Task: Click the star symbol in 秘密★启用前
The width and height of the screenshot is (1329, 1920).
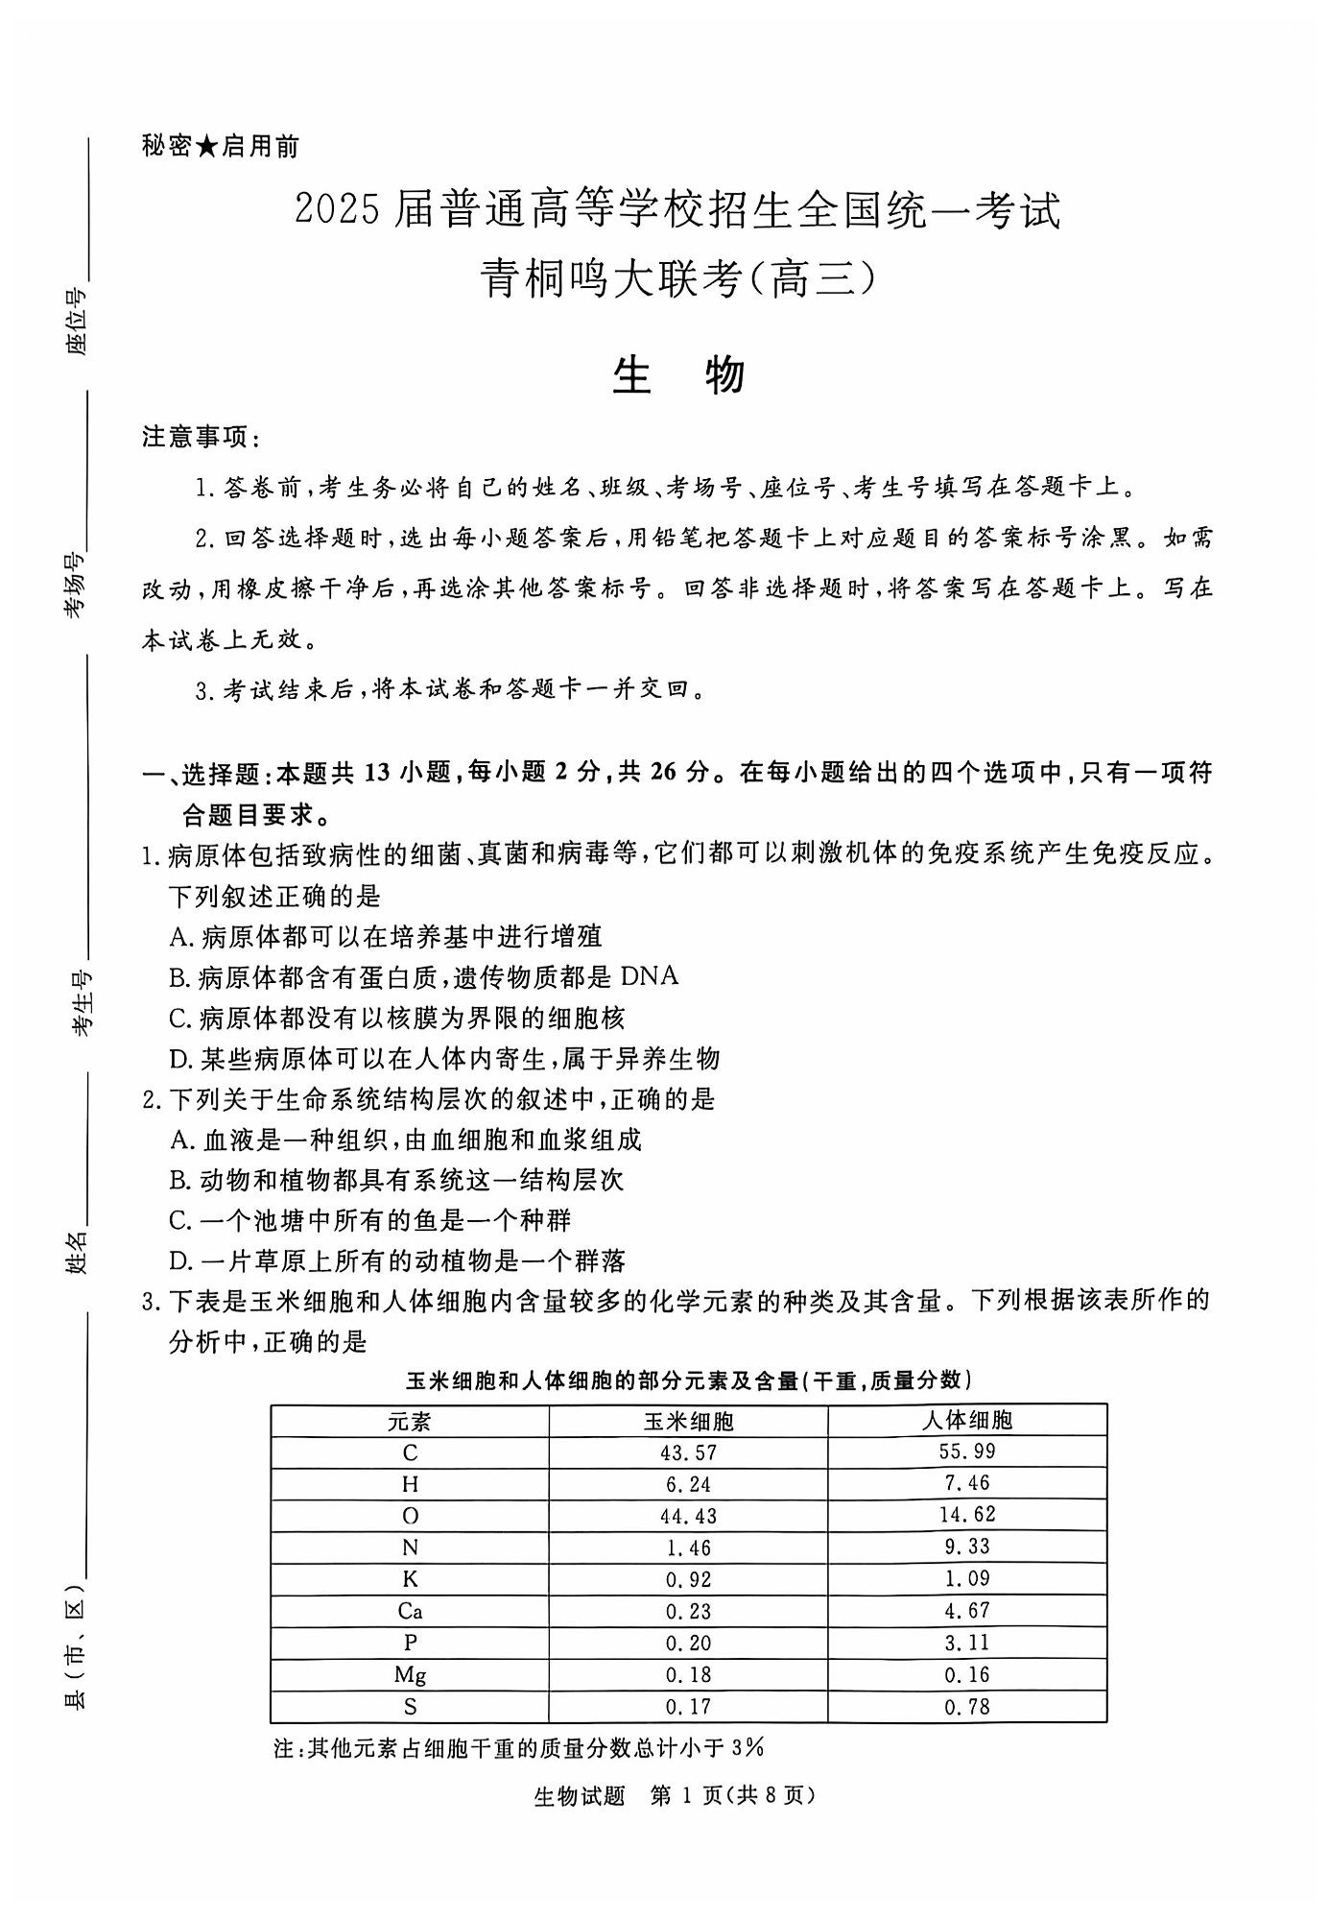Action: pos(207,147)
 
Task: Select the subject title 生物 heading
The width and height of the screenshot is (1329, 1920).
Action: pos(678,375)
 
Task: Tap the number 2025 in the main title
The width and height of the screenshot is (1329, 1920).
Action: pos(338,211)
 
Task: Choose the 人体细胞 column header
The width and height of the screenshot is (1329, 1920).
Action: pos(966,1421)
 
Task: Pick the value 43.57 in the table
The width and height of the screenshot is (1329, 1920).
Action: pos(688,1453)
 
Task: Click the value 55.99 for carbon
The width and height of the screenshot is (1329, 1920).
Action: pos(966,1452)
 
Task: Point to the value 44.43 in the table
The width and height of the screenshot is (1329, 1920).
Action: pos(688,1517)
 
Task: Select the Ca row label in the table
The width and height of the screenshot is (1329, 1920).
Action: pos(410,1612)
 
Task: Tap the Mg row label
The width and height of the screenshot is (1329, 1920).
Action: pos(410,1675)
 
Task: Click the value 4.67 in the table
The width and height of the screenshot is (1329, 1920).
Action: pos(966,1611)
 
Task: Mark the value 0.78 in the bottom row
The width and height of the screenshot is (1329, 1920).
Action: pos(966,1707)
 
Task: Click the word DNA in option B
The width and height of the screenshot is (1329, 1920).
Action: pos(650,976)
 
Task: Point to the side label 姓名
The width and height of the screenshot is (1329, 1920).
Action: pos(77,1251)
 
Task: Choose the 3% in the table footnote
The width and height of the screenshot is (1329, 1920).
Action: pos(748,1748)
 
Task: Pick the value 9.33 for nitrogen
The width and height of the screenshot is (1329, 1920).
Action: pos(966,1548)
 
